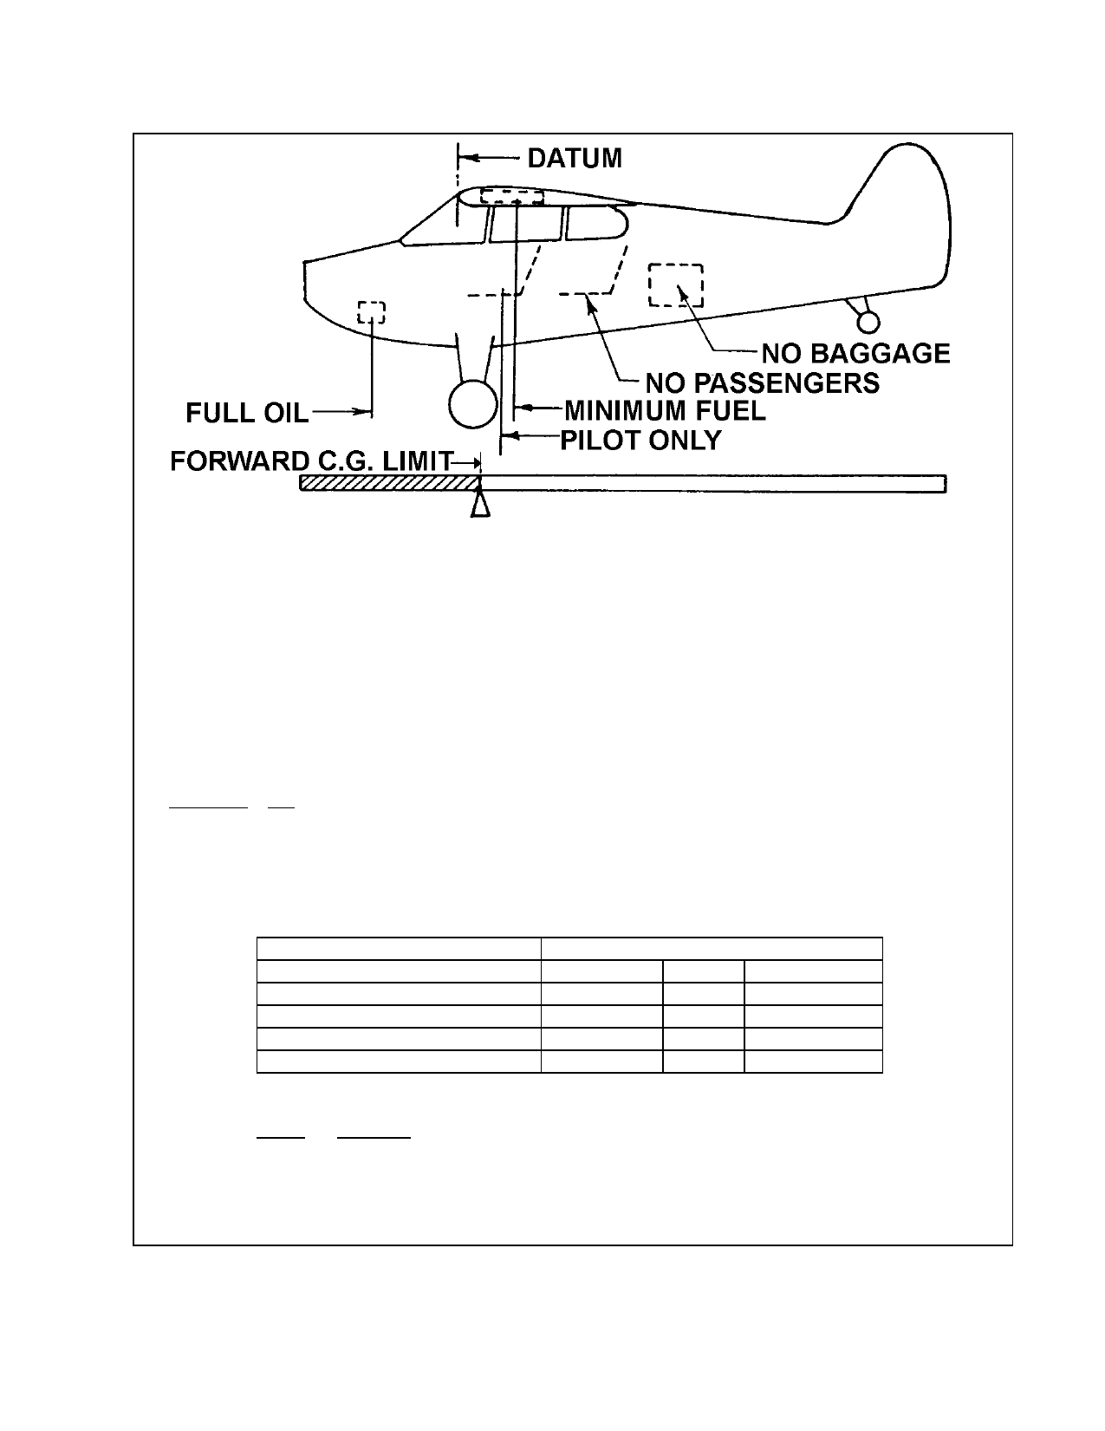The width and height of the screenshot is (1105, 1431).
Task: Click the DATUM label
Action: pyautogui.click(x=575, y=158)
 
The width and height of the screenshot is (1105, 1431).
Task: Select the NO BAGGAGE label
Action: pyautogui.click(x=855, y=354)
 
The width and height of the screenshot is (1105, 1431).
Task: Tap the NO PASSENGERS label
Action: pyautogui.click(x=762, y=382)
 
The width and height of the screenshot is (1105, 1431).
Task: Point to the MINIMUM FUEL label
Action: pyautogui.click(x=666, y=411)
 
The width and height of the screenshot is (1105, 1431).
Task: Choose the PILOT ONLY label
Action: pyautogui.click(x=640, y=440)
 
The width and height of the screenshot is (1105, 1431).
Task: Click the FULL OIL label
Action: pyautogui.click(x=247, y=413)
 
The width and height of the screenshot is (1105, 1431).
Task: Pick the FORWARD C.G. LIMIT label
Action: pyautogui.click(x=312, y=461)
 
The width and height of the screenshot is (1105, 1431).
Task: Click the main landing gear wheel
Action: pyautogui.click(x=472, y=404)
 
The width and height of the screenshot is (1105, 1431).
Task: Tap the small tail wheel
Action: pyautogui.click(x=868, y=322)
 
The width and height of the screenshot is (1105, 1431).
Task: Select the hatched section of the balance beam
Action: pyautogui.click(x=390, y=483)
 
